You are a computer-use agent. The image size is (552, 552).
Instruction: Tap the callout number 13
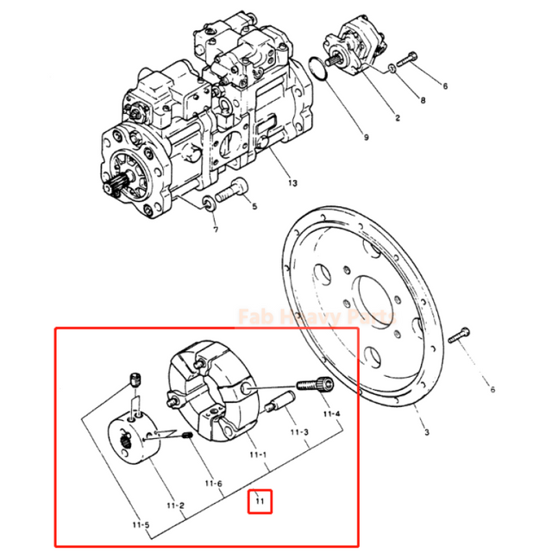pyautogui.click(x=292, y=184)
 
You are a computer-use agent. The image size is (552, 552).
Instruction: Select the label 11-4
pyautogui.click(x=332, y=414)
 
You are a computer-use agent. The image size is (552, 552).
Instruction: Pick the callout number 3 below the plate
pyautogui.click(x=423, y=432)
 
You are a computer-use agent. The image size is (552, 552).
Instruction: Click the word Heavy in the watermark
pyautogui.click(x=322, y=317)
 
